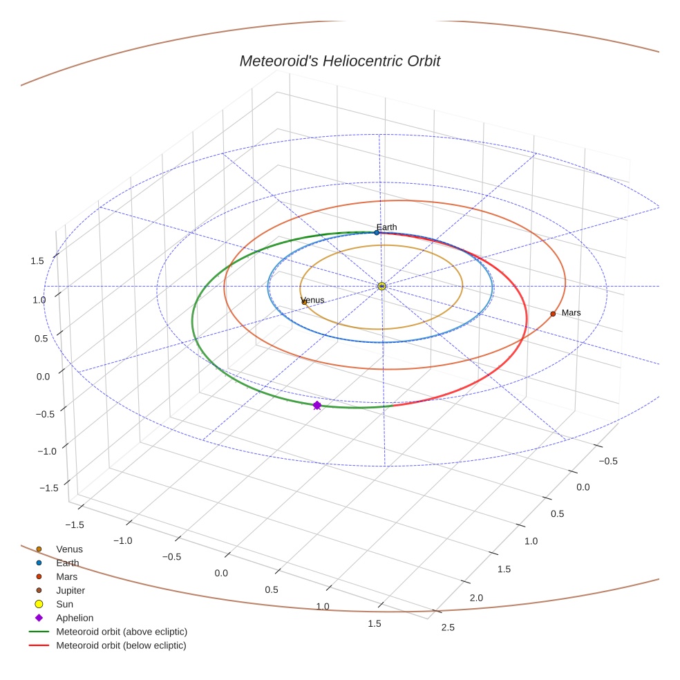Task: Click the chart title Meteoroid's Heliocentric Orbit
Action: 339,62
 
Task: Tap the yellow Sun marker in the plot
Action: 381,286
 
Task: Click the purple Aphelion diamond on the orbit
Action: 317,406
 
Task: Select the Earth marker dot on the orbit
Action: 377,233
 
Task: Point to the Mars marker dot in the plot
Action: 553,314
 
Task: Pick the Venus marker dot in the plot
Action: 304,302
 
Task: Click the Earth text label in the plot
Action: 387,227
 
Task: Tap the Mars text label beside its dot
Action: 572,313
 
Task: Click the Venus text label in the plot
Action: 313,300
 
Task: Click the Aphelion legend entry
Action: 74,618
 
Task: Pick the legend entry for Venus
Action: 69,549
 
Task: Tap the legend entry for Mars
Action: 66,577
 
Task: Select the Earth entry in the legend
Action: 68,563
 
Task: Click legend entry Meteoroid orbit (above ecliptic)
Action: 122,632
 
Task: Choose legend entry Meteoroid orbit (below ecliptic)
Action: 121,645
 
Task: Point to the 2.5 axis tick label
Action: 448,627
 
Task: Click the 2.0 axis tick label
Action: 476,598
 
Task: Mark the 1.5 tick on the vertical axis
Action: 37,261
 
